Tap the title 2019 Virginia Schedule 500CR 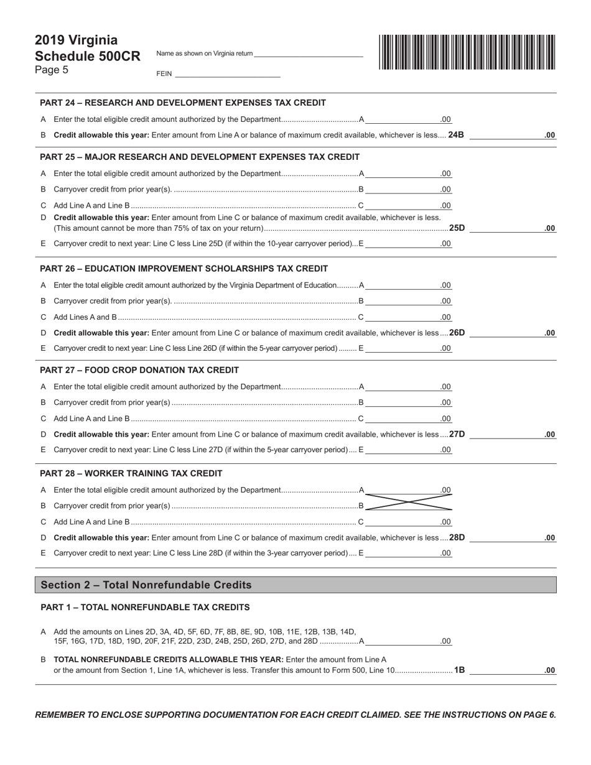(x=87, y=48)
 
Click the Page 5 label (x=52, y=70)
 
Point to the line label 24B (x=456, y=134)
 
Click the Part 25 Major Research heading (x=199, y=157)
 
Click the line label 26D (x=457, y=333)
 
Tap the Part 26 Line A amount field (x=409, y=285)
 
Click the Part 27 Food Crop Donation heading (x=139, y=370)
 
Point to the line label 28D (x=457, y=537)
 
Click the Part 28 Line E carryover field (x=409, y=552)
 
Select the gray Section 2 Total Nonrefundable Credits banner (x=295, y=585)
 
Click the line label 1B (x=459, y=670)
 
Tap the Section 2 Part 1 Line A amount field (x=409, y=641)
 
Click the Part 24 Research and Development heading (x=182, y=103)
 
